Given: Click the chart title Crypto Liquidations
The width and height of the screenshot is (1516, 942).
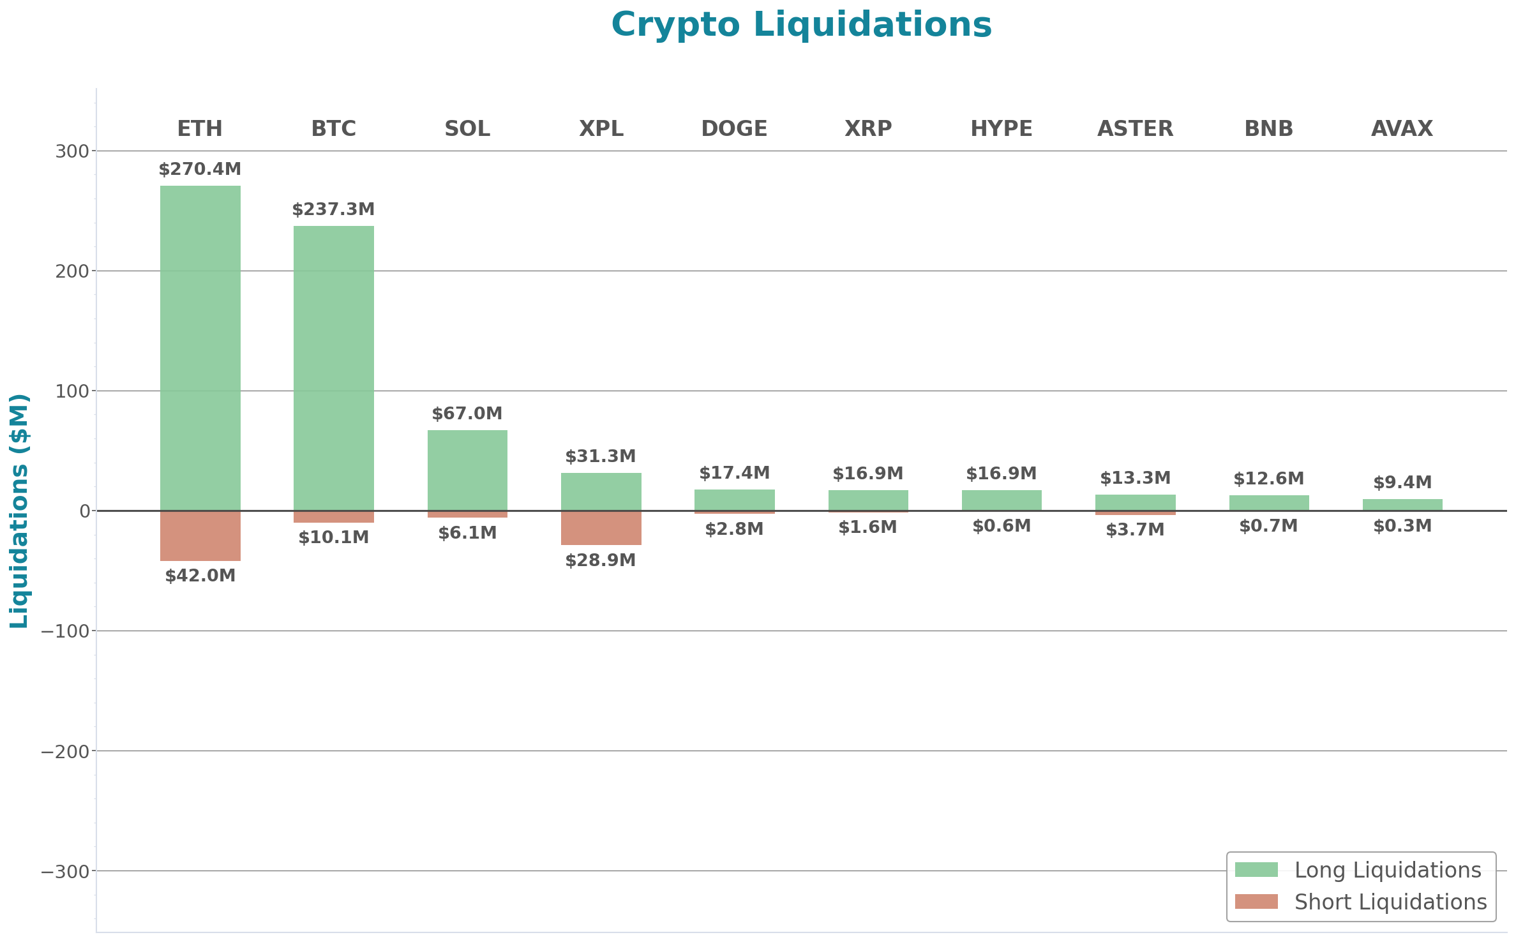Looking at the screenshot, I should pyautogui.click(x=801, y=26).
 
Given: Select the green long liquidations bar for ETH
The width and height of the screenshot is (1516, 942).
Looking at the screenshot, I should pyautogui.click(x=200, y=348).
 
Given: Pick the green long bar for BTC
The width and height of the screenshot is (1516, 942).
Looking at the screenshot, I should pyautogui.click(x=334, y=368).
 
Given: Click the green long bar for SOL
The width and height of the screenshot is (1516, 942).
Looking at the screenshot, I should pyautogui.click(x=467, y=470).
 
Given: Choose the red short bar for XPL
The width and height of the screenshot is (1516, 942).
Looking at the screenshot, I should pyautogui.click(x=601, y=528).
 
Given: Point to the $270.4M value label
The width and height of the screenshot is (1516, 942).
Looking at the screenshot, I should pyautogui.click(x=200, y=169).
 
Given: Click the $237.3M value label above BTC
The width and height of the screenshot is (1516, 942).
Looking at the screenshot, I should pyautogui.click(x=334, y=209).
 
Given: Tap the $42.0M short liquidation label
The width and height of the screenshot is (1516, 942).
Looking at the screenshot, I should pyautogui.click(x=200, y=576).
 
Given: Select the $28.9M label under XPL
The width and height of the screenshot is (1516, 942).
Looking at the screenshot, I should pyautogui.click(x=601, y=560).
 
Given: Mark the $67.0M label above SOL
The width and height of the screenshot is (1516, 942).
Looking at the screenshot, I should pyautogui.click(x=467, y=414).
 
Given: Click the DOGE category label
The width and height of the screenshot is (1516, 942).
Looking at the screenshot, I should pyautogui.click(x=734, y=129).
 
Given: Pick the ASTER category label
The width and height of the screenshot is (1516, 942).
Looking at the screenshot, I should pyautogui.click(x=1135, y=129).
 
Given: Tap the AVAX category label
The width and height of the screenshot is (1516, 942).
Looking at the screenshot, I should pyautogui.click(x=1402, y=129).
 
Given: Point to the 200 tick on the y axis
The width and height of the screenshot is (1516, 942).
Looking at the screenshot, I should pyautogui.click(x=71, y=271).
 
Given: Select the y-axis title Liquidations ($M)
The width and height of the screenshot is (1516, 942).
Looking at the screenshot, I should pyautogui.click(x=19, y=511).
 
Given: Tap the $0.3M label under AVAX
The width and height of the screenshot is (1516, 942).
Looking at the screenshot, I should pyautogui.click(x=1402, y=526).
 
